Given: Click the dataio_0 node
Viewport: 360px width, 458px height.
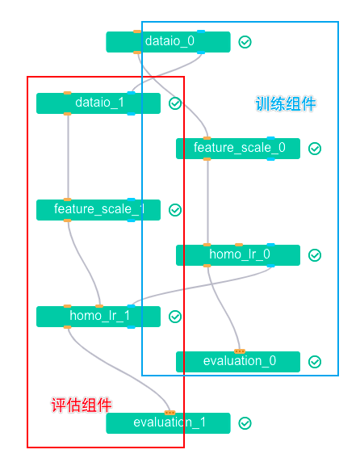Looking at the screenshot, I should (168, 42).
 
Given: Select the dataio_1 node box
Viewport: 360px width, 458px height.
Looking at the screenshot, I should (98, 103).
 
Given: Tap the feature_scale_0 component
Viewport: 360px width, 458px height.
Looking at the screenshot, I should (238, 149).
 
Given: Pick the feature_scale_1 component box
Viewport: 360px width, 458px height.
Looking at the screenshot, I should (98, 210).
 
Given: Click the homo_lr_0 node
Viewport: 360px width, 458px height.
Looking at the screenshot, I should (238, 255).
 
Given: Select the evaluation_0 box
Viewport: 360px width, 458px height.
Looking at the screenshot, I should (238, 362).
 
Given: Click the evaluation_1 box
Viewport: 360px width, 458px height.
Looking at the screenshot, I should (168, 423).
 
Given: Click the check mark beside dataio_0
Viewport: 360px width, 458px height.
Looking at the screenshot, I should (245, 42).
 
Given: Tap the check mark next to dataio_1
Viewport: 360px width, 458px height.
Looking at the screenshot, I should (175, 103).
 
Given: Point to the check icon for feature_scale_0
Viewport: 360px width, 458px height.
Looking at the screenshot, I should (315, 149).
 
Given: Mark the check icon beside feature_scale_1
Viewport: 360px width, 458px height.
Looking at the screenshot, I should (175, 210).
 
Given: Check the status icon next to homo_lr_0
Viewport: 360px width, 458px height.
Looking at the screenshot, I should (315, 255).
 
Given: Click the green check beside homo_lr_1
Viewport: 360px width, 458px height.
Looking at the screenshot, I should (175, 317).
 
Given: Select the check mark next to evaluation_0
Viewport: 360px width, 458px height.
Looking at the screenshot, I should (315, 362).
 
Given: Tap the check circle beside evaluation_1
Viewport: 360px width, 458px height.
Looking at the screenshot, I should (245, 423).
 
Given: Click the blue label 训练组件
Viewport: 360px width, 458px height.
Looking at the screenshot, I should (286, 104).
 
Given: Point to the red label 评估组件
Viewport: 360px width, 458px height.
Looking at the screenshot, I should (81, 405).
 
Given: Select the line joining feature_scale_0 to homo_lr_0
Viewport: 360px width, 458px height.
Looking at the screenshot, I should (208, 202).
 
